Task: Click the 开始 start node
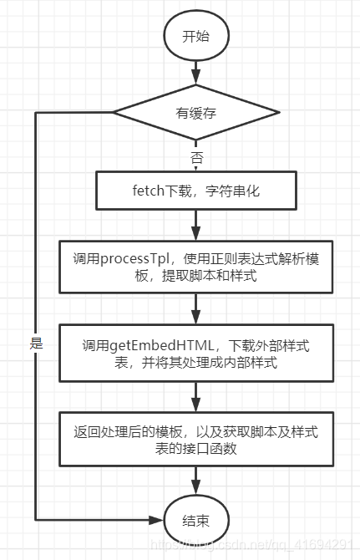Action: [x=195, y=37]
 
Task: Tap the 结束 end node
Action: [x=195, y=519]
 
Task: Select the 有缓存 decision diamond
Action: [x=195, y=113]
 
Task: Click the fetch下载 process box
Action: [x=195, y=191]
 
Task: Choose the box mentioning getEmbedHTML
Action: [x=195, y=354]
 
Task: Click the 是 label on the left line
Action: [x=36, y=344]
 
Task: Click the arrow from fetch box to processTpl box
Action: [x=195, y=226]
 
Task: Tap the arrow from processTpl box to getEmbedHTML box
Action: [x=195, y=311]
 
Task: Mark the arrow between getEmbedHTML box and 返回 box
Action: [x=195, y=397]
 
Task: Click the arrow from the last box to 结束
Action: [x=195, y=481]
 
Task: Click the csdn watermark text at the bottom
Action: [x=251, y=547]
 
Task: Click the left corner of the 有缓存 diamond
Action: [x=114, y=113]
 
